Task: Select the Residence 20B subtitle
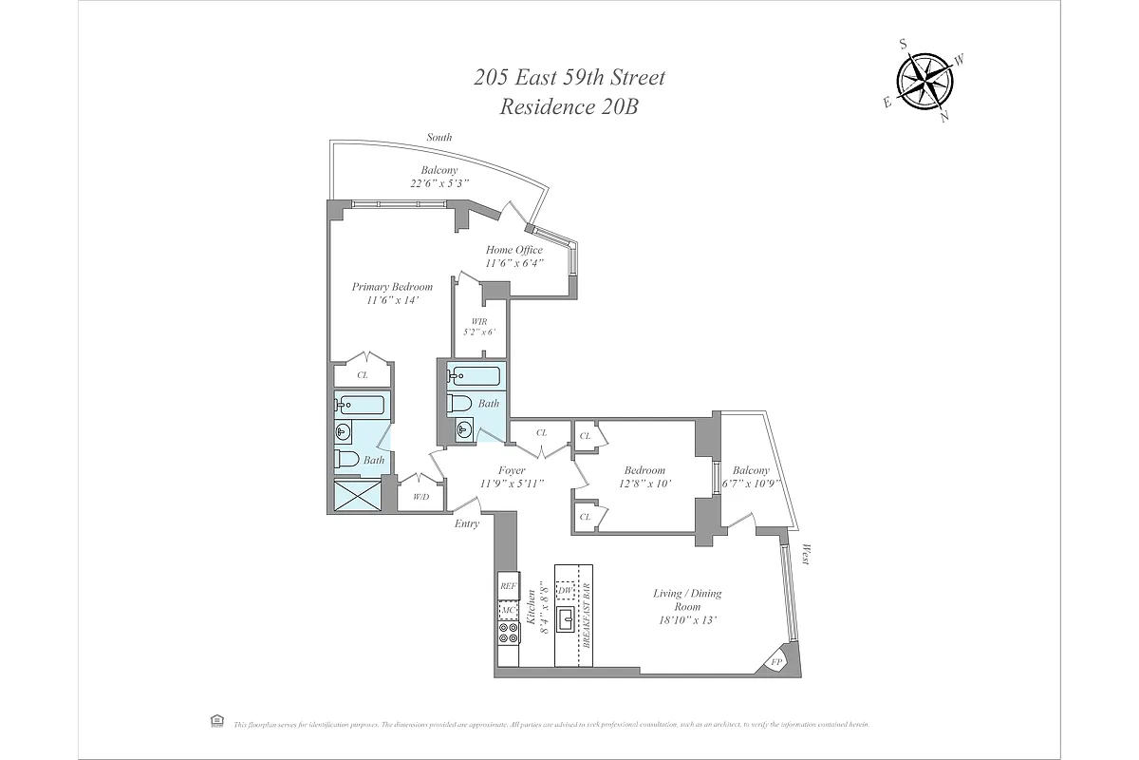pyautogui.click(x=569, y=106)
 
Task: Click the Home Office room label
pyautogui.click(x=514, y=251)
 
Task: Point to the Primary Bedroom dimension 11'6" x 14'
pyautogui.click(x=392, y=300)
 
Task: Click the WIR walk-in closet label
pyautogui.click(x=479, y=321)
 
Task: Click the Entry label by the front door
pyautogui.click(x=466, y=523)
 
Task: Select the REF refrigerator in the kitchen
pyautogui.click(x=508, y=586)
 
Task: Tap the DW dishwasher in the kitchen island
pyautogui.click(x=565, y=591)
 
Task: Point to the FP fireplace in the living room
pyautogui.click(x=777, y=661)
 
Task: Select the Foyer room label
pyautogui.click(x=512, y=470)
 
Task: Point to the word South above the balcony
pyautogui.click(x=439, y=137)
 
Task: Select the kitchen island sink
pyautogui.click(x=566, y=621)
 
